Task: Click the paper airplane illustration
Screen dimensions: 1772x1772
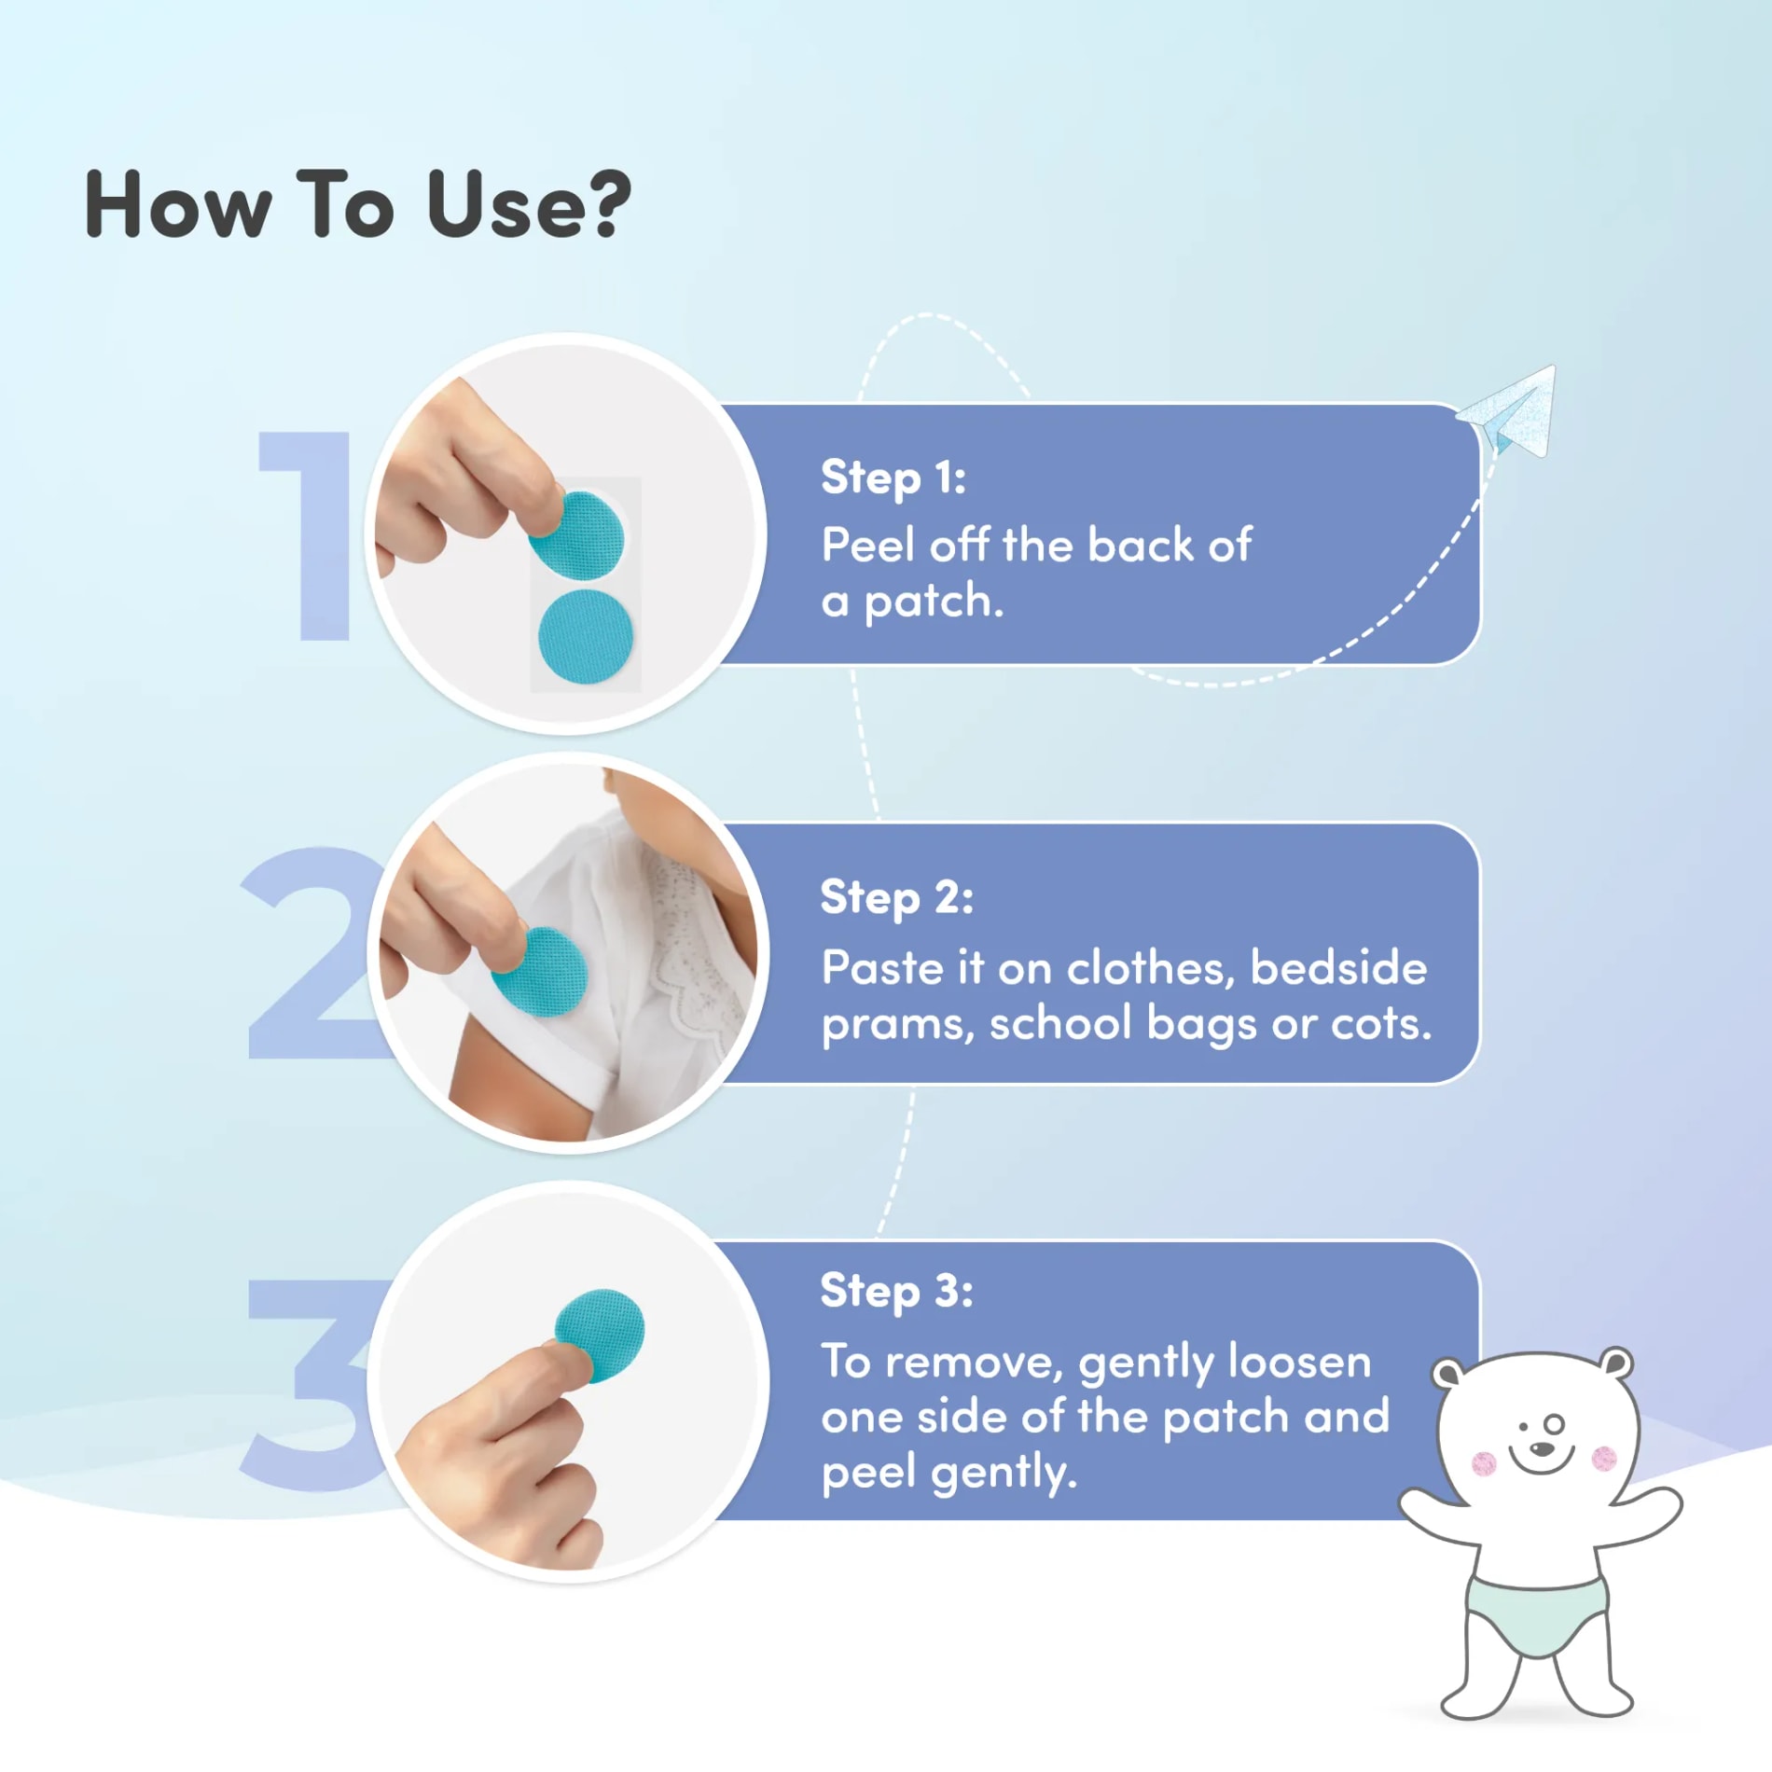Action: [x=1507, y=413]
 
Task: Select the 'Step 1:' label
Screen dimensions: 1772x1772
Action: [x=893, y=478]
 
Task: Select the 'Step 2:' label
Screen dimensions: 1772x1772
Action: [x=896, y=897]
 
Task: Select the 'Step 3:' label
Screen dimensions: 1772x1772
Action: [x=896, y=1292]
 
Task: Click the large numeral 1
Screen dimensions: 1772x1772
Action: [x=307, y=535]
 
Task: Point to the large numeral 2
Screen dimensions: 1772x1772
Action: [x=308, y=953]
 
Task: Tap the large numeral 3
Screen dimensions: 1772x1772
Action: [x=308, y=1383]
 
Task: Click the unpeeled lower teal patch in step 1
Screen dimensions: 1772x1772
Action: [x=586, y=636]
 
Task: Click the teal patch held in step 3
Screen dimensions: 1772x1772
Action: [x=601, y=1334]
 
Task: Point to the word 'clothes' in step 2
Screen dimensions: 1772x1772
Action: [x=1151, y=968]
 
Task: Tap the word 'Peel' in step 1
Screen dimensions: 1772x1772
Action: [x=868, y=545]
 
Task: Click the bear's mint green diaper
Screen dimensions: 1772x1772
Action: [x=1538, y=1613]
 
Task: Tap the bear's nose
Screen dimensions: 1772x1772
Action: [x=1544, y=1448]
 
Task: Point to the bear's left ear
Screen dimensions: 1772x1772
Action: [x=1448, y=1373]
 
